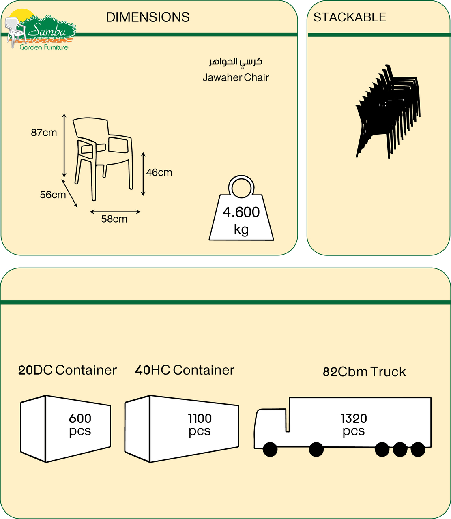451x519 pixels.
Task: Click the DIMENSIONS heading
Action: [148, 17]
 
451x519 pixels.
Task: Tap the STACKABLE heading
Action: [350, 17]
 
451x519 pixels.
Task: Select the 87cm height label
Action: [44, 133]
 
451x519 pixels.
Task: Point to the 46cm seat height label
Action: [159, 172]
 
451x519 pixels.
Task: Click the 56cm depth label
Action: [53, 195]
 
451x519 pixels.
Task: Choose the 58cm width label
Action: [114, 219]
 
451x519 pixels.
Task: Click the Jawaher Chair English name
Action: [236, 77]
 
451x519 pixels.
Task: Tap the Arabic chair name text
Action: [236, 62]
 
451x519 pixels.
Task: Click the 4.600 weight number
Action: [241, 212]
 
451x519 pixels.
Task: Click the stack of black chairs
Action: [387, 112]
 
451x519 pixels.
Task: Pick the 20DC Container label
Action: [67, 370]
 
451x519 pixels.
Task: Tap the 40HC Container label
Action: [185, 370]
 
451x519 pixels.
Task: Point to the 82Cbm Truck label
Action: [364, 372]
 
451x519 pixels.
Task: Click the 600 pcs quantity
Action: [80, 424]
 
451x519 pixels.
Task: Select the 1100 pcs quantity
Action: [200, 424]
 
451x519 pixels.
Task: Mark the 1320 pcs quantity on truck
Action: [354, 424]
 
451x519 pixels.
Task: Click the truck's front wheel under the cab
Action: [270, 449]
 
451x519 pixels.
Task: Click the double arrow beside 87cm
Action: [64, 146]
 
